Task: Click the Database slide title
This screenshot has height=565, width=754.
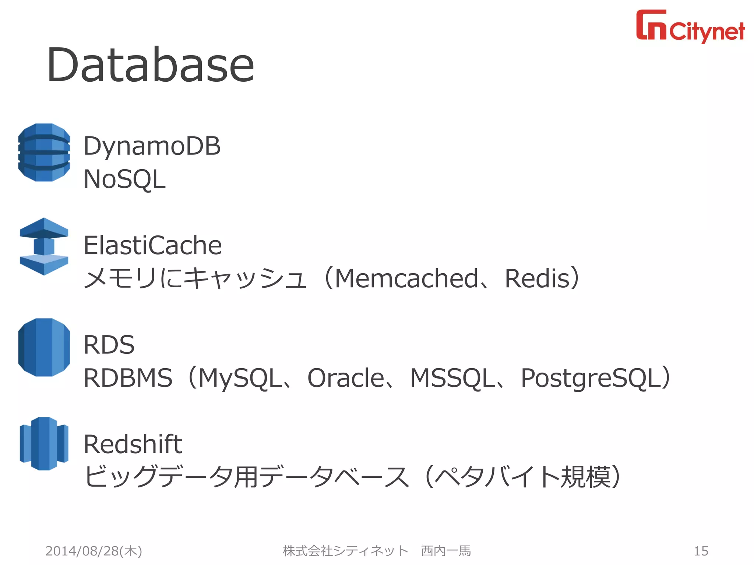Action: (x=150, y=65)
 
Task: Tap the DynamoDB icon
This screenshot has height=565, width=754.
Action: (x=44, y=152)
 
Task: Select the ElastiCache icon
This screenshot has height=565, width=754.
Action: (x=44, y=246)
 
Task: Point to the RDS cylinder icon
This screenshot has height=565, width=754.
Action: (x=44, y=347)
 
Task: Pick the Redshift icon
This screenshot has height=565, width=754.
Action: (x=44, y=444)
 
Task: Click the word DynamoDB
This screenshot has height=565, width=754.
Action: (x=152, y=146)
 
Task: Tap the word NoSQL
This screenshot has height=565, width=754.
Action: (x=124, y=180)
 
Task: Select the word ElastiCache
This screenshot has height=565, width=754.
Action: (x=152, y=245)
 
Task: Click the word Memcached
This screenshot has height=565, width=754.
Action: (x=406, y=278)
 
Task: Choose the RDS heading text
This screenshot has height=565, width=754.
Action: (x=109, y=345)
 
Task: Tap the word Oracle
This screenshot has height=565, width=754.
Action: (x=346, y=378)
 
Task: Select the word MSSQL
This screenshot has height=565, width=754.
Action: (x=452, y=378)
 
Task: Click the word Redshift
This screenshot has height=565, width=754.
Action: (x=133, y=444)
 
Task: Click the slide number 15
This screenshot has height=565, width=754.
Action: (x=701, y=551)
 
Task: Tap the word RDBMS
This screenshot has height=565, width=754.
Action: (x=128, y=378)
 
